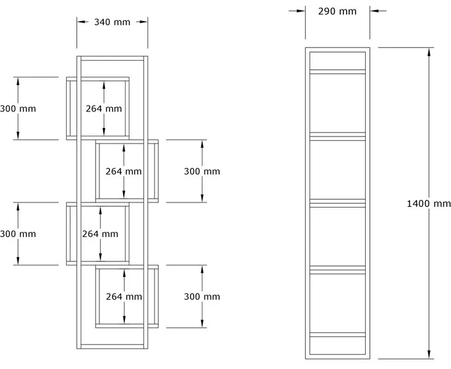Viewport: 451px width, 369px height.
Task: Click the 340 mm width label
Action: tap(112, 22)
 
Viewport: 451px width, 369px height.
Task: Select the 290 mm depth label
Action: tap(337, 12)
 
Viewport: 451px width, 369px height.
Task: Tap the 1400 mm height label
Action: tap(429, 204)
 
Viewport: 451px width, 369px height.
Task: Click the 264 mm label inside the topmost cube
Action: tap(104, 108)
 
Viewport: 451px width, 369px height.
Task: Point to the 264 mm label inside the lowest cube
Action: tap(124, 297)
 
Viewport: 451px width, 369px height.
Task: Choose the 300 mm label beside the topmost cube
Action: tap(18, 108)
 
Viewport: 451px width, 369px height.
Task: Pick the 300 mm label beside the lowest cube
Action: tap(202, 297)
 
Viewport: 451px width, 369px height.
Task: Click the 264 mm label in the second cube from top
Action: tap(124, 171)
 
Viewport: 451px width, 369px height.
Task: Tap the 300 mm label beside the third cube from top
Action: tap(18, 234)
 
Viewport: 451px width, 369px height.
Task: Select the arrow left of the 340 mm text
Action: tap(83, 22)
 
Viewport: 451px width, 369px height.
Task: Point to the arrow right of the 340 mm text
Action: tap(142, 22)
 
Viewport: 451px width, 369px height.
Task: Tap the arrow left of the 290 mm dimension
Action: tap(297, 11)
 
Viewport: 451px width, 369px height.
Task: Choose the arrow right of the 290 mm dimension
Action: tap(378, 11)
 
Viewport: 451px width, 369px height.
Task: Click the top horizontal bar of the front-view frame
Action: tap(112, 58)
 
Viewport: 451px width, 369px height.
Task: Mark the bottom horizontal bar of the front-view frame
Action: tap(112, 347)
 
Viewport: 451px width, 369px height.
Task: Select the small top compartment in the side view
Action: tap(338, 61)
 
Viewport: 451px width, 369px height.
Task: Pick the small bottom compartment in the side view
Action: tap(338, 345)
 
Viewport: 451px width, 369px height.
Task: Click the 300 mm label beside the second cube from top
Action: tap(202, 171)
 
